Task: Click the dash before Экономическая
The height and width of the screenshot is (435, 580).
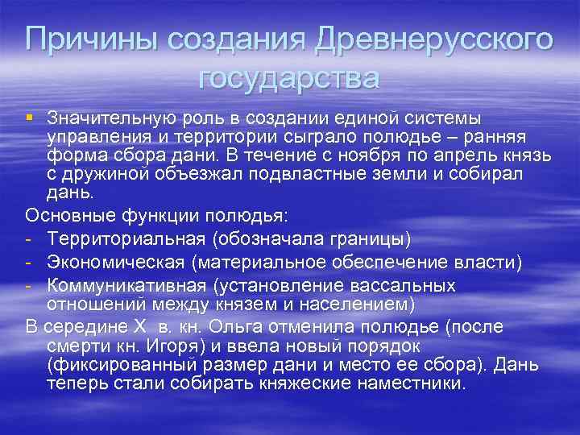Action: (30, 262)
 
